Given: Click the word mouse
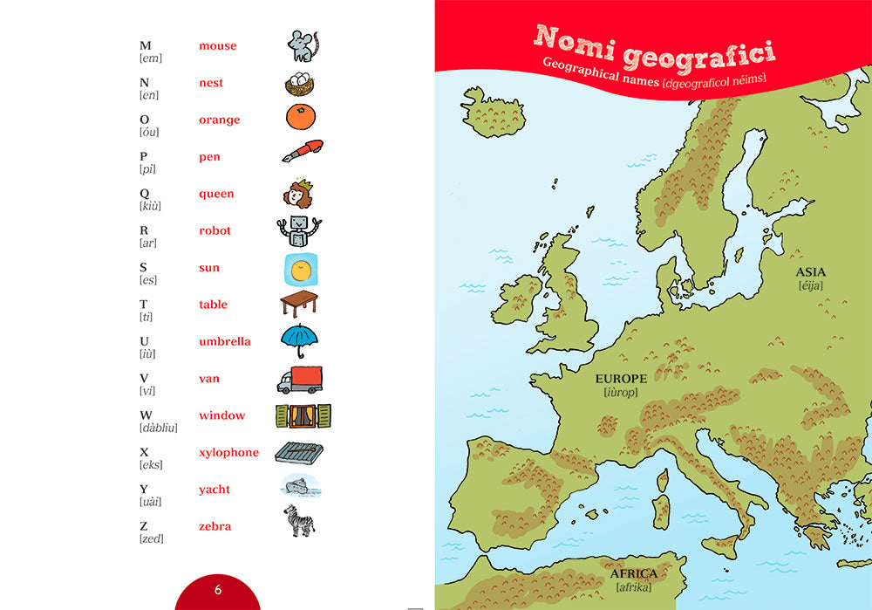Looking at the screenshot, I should coord(217,45).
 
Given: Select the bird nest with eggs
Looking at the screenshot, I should coord(300,84).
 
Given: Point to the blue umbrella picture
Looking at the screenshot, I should coord(300,339).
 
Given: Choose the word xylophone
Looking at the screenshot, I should coord(228,452).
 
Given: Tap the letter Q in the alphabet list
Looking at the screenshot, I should coord(145,194).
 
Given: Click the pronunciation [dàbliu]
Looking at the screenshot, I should coord(159,428).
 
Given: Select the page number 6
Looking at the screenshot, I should coord(218,590).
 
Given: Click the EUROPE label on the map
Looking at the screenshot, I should coord(621,379).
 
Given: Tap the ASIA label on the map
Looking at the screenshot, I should coord(810,271).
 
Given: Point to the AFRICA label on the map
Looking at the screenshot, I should coord(634,574).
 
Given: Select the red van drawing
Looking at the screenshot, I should coord(300,380).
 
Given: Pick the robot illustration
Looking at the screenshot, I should coord(299,230).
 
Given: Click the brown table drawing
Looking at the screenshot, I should coord(299,303).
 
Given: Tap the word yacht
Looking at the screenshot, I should coord(215,490).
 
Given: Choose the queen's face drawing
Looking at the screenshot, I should coord(298,194).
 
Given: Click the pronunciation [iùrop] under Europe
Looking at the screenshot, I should coord(621,393).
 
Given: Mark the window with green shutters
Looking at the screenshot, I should coord(304,415).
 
